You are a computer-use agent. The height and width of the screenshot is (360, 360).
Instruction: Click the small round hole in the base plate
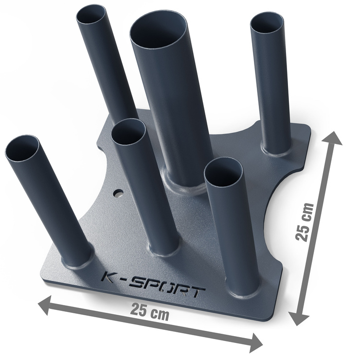click(x=119, y=194)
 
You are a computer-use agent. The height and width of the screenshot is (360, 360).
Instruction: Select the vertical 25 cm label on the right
click(x=304, y=222)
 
